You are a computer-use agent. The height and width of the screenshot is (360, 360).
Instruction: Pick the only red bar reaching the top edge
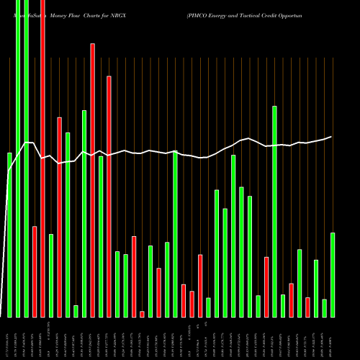42,158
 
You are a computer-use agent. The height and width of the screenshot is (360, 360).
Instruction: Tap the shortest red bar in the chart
142,314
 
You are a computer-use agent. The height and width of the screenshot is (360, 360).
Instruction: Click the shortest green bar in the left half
76,311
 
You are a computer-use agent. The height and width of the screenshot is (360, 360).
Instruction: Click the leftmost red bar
35,271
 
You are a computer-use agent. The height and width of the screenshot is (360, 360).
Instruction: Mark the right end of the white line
332,137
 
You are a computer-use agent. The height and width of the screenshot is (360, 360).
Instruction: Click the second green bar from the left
18,158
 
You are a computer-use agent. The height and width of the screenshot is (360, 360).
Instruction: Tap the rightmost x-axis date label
333,338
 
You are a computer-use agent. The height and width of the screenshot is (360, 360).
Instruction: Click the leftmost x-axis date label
9,338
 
